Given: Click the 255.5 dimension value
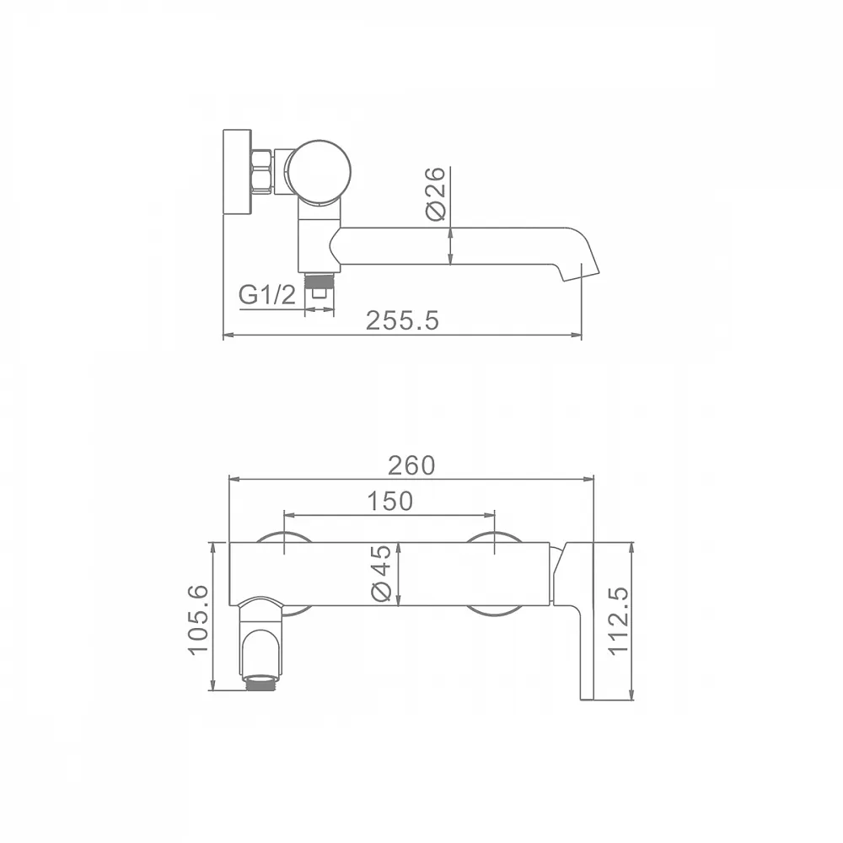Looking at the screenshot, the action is tap(402, 321).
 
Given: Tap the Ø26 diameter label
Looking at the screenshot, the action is tap(436, 193).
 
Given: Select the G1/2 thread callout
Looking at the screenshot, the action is tap(267, 295).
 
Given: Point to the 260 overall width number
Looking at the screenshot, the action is tap(411, 465).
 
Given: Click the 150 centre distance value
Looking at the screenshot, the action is tap(389, 501).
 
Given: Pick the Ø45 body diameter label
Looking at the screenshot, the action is tap(381, 573).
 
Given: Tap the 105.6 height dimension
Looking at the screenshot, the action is tap(198, 620).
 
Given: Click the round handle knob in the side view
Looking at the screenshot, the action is tap(318, 173).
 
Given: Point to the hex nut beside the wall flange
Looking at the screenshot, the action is tap(262, 171).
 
